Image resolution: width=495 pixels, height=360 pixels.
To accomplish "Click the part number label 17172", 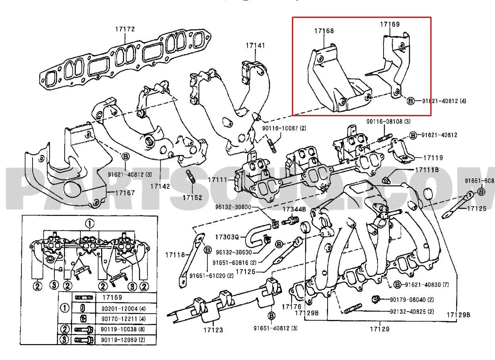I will [125, 29].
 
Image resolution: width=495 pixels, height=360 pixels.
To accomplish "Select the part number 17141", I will [255, 45].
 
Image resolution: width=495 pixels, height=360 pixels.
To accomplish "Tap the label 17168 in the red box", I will [324, 31].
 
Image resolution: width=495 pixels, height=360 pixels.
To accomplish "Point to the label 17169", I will [389, 24].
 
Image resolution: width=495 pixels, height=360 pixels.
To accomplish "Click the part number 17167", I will [125, 193].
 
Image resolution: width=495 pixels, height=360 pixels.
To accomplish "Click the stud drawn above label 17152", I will [190, 176].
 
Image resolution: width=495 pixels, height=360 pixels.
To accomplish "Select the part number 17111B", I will [426, 170].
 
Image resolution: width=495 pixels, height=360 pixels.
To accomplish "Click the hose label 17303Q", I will [227, 237].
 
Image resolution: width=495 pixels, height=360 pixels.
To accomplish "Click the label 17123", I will [213, 329].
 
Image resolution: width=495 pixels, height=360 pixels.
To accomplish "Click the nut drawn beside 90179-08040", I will [376, 298].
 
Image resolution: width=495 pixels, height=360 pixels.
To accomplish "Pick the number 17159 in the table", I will [112, 297].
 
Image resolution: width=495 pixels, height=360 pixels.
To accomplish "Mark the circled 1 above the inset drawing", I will [90, 224].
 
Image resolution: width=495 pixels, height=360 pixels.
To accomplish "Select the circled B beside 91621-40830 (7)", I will [399, 284].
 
